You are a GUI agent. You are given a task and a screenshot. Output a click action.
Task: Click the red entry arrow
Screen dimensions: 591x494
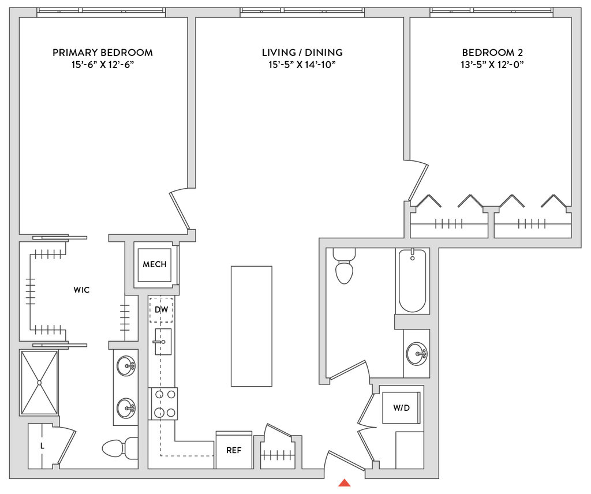tap(345, 483)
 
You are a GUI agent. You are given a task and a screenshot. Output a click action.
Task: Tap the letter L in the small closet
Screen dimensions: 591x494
tap(42, 446)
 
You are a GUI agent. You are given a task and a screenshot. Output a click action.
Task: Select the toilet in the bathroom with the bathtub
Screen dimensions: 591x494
tap(345, 267)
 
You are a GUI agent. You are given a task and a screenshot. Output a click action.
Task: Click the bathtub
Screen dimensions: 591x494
tap(413, 282)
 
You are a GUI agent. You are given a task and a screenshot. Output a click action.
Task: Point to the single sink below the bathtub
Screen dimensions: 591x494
tap(416, 353)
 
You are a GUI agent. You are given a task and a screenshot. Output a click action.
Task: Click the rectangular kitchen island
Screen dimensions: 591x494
tap(251, 326)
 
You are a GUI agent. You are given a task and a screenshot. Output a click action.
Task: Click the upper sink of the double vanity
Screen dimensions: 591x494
tap(125, 366)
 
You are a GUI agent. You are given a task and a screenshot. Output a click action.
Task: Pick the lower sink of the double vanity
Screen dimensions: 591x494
tap(125, 409)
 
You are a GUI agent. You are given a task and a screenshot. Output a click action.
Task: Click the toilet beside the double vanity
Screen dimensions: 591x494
tap(118, 448)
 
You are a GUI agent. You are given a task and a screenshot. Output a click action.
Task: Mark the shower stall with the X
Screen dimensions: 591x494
tap(39, 382)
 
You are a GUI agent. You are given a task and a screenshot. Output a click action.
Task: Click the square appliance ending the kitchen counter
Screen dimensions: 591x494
tap(234, 448)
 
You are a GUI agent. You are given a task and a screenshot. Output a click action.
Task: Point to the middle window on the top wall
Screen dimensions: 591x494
tap(302, 11)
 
